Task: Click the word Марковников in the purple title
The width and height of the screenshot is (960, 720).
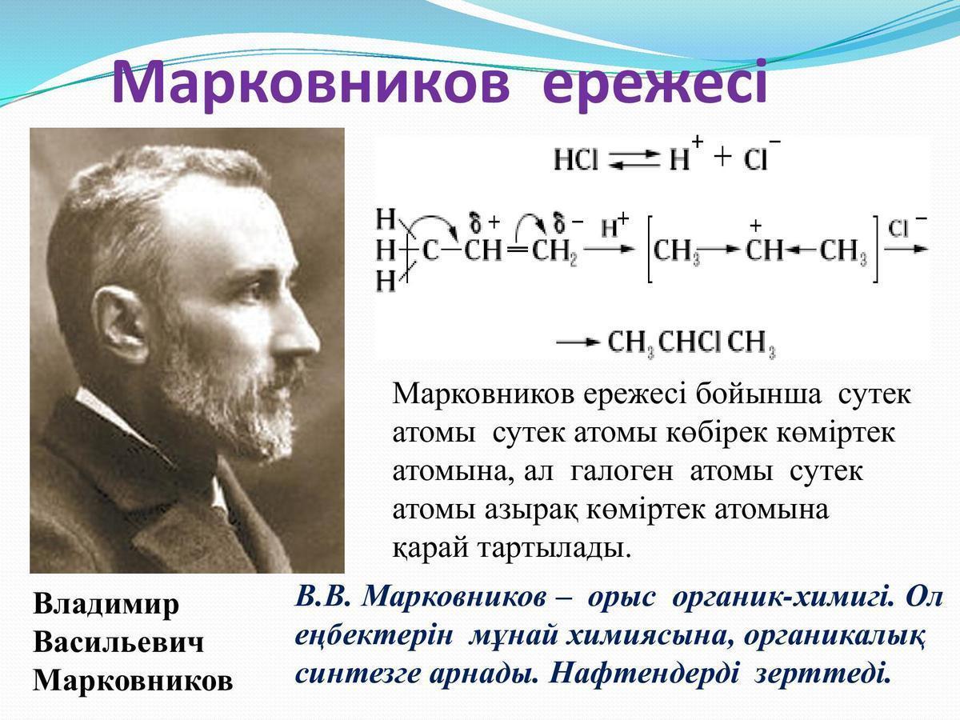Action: (x=311, y=84)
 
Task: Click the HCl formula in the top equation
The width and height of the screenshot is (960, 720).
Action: (x=575, y=159)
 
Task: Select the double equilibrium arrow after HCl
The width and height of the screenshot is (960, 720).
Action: (x=634, y=159)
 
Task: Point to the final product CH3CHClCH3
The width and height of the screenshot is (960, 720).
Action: (x=691, y=343)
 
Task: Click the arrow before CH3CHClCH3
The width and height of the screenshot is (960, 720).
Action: (x=578, y=342)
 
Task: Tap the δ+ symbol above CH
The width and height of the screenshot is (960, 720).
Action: (x=484, y=222)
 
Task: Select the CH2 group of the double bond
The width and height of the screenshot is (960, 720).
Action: (x=554, y=252)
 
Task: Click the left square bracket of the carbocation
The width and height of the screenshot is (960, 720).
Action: (x=650, y=249)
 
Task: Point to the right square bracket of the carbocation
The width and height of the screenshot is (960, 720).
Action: (x=874, y=249)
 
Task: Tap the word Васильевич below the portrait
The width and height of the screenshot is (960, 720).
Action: (x=118, y=643)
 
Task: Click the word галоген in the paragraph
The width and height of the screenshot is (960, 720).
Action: (x=622, y=473)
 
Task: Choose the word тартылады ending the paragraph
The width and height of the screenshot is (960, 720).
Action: (x=554, y=549)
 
